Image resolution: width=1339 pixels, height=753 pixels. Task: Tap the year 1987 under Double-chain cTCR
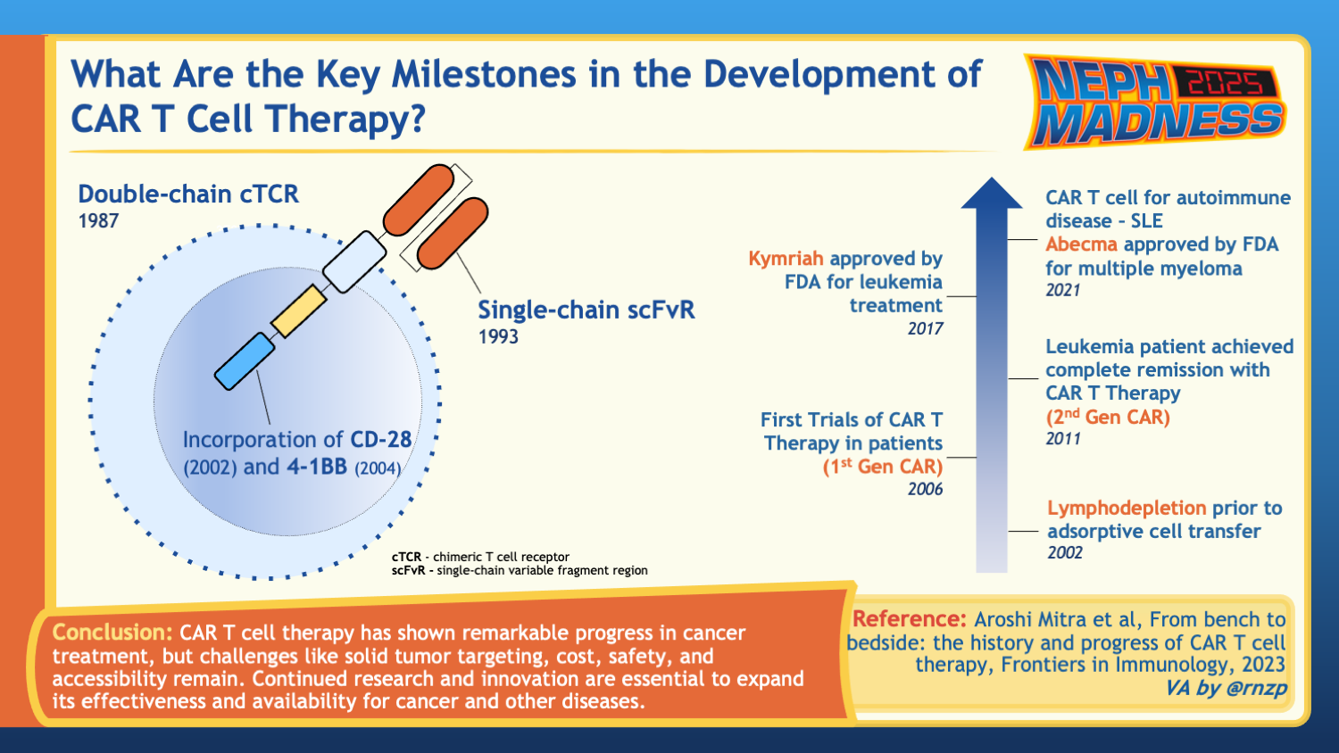coord(98,221)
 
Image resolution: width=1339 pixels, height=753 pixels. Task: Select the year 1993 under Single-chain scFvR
coord(498,337)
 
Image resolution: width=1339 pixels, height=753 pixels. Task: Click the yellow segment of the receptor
coord(298,311)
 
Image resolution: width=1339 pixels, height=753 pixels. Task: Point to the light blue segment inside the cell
coord(244,361)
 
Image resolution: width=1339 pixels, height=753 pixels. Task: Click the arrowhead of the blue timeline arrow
coord(992,194)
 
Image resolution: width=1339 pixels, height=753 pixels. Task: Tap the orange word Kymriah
coord(786,259)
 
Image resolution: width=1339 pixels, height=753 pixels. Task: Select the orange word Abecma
coord(1081,244)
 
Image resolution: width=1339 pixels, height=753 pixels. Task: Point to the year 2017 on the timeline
coord(925,329)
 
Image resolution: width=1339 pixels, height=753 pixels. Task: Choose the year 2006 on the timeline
coord(925,490)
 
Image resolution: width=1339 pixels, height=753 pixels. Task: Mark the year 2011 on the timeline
coord(1063,439)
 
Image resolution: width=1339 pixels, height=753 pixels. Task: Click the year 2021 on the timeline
coord(1063,291)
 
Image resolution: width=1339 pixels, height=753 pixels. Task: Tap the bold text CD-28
coord(380,440)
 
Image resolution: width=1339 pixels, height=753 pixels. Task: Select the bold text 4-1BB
coord(316,467)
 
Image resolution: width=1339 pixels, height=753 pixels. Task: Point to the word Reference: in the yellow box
coord(909,619)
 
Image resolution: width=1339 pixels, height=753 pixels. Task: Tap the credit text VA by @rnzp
coord(1226,688)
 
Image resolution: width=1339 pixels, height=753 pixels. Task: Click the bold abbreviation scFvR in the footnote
coord(408,570)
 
